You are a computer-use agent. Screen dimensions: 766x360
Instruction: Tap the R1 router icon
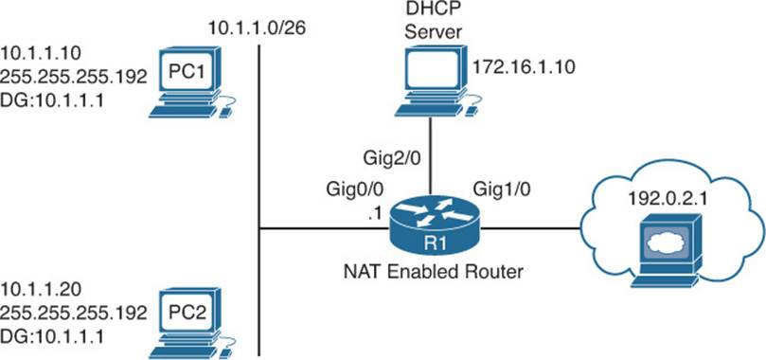[x=435, y=228]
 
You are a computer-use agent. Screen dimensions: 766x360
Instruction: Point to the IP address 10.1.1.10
[x=41, y=52]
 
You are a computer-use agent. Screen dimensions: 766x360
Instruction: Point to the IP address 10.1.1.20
[x=41, y=290]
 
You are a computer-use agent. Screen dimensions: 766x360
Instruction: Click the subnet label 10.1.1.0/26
[x=257, y=27]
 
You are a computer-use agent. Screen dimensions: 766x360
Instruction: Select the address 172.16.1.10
[x=523, y=66]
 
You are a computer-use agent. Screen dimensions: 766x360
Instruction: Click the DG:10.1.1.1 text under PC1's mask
[x=53, y=102]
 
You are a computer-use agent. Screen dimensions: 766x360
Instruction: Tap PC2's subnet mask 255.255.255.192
[x=74, y=314]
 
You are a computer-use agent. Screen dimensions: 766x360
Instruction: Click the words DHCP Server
[x=431, y=20]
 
